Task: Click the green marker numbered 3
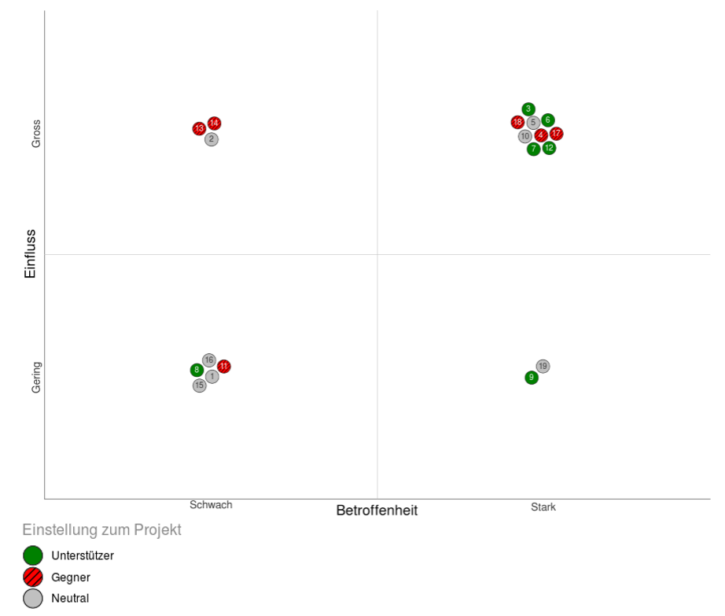tap(528, 109)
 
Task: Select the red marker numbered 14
tap(214, 124)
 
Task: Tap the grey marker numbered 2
tap(212, 139)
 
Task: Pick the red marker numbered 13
tap(199, 129)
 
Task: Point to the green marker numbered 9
tap(532, 378)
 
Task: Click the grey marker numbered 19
tap(543, 367)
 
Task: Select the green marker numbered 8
tap(197, 370)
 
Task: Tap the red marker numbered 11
tap(224, 367)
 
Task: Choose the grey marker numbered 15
tap(200, 385)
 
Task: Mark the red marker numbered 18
tap(517, 123)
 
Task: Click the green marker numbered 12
tap(549, 148)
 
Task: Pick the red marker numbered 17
tap(557, 134)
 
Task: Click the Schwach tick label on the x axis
tap(211, 505)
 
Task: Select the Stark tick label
tap(543, 507)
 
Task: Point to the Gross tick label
tap(36, 134)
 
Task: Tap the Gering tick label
tap(36, 378)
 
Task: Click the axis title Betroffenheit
tap(377, 511)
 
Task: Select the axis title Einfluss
tap(31, 253)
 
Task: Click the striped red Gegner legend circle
tap(33, 577)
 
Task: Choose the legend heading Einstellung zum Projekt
tap(102, 530)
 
